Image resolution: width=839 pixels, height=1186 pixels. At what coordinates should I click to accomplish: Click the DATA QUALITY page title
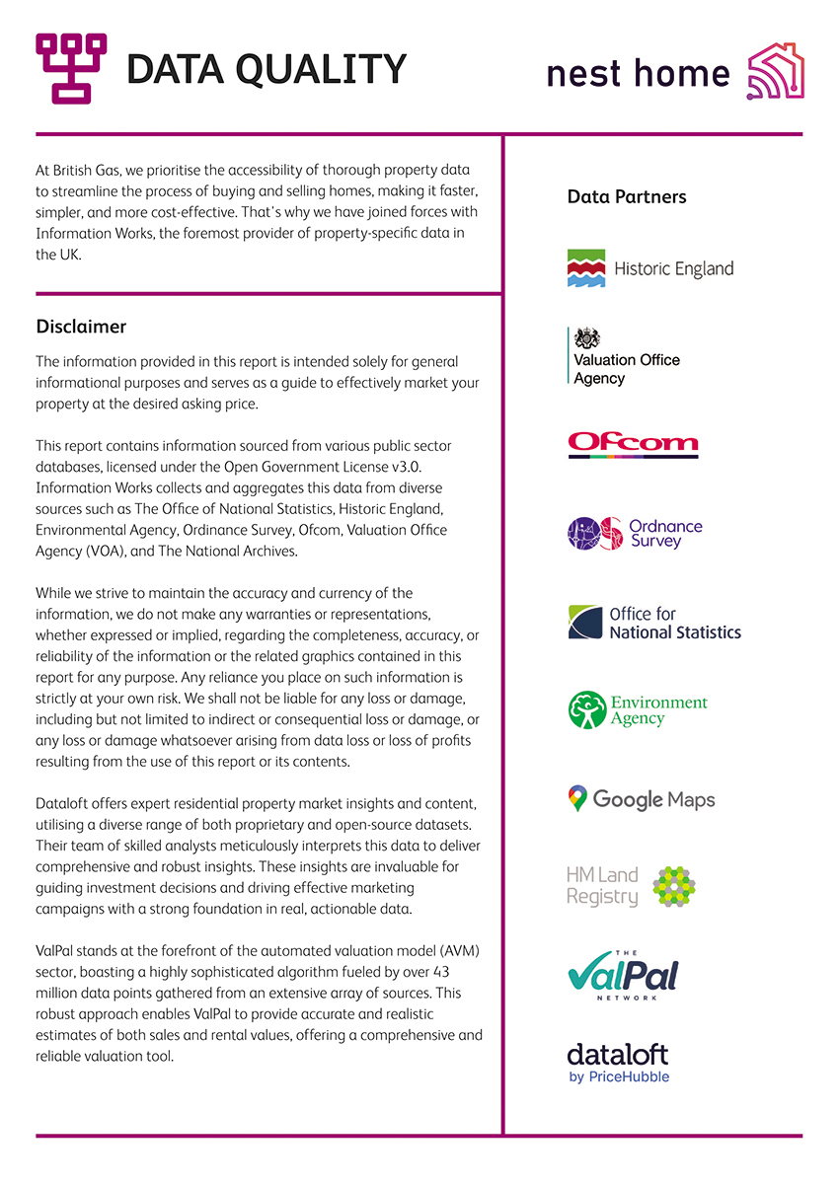click(x=267, y=69)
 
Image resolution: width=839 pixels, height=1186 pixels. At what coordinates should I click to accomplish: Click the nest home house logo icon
click(x=776, y=71)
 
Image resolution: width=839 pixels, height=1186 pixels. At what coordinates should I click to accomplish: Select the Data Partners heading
click(x=627, y=197)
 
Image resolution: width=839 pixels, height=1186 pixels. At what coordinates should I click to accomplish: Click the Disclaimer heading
click(x=81, y=327)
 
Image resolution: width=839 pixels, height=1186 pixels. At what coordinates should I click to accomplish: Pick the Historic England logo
click(x=650, y=268)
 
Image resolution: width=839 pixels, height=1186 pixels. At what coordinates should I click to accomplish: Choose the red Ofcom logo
click(x=633, y=444)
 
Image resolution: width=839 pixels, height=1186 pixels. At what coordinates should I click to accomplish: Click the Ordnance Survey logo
click(x=635, y=533)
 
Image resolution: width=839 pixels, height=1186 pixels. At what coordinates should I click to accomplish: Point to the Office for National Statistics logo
click(x=653, y=623)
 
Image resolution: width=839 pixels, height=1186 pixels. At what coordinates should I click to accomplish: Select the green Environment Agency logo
click(x=638, y=710)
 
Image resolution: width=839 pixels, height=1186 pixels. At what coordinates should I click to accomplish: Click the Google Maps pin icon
click(x=577, y=799)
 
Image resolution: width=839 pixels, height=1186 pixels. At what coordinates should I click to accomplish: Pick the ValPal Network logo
click(x=622, y=974)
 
